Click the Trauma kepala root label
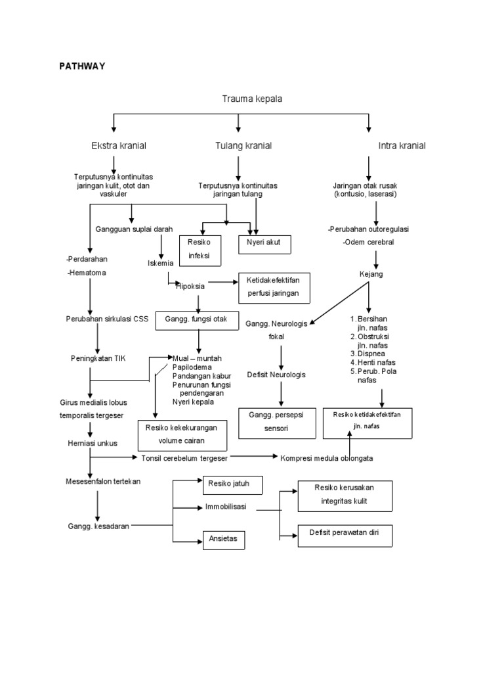coord(252,99)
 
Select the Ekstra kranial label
coord(119,145)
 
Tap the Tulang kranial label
coord(243,145)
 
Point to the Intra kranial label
coord(402,145)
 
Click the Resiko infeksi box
coord(199,249)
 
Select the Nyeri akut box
coord(267,243)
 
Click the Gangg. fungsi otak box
coord(195,319)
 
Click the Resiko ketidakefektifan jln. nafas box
coord(367,421)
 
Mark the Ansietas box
coord(224,540)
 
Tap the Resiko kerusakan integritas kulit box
coord(345,496)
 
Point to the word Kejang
coord(371,273)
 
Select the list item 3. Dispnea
coord(371,353)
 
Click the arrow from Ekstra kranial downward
coord(115,163)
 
